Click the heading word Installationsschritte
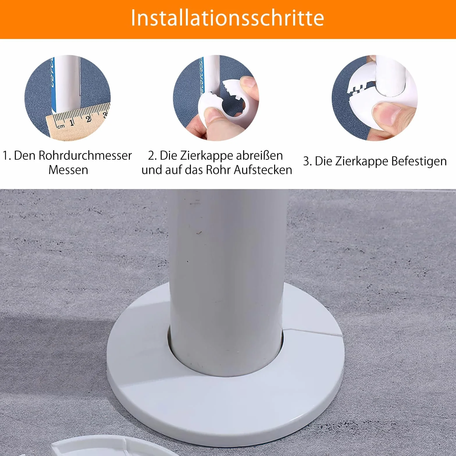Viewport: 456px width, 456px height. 227,18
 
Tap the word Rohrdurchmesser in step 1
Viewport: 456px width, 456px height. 85,156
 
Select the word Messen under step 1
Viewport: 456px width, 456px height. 68,170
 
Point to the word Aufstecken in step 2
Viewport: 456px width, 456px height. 263,170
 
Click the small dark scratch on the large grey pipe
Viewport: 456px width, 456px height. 199,232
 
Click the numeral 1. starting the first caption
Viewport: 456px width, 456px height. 7,156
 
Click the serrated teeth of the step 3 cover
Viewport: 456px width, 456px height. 360,87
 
